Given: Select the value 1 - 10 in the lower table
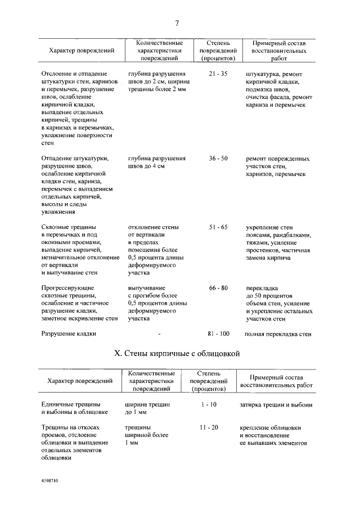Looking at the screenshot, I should [209, 404].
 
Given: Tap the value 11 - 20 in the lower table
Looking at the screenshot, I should [209, 428].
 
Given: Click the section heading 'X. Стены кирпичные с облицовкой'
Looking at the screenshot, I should [177, 354].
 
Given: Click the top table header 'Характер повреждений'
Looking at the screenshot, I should [82, 51].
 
